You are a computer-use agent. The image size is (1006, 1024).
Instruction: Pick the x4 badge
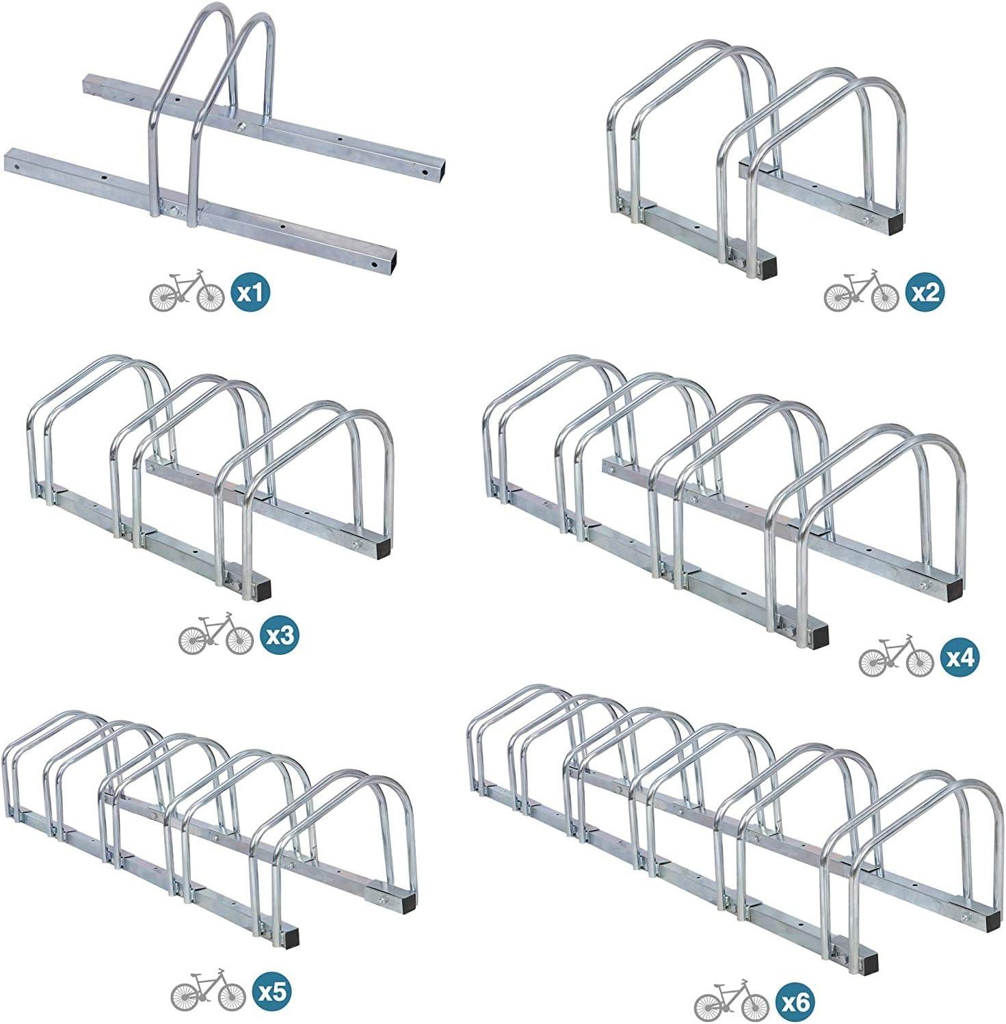[x=960, y=658]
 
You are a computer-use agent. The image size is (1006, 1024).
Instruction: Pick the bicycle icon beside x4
[x=896, y=656]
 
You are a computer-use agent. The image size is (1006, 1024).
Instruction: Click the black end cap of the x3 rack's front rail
[x=261, y=589]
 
